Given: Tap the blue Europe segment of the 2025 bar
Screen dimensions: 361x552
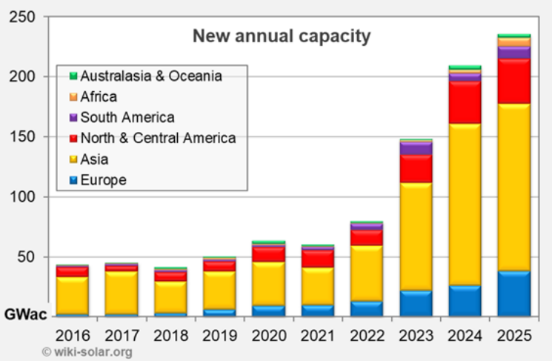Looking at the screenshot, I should tap(513, 293).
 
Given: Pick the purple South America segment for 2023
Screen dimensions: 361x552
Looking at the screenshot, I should tap(417, 148).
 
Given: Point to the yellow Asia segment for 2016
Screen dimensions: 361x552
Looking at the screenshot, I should tap(73, 294).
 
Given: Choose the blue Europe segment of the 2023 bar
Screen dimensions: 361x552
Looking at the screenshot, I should tap(417, 302).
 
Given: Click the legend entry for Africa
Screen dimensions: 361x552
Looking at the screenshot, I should tap(99, 96).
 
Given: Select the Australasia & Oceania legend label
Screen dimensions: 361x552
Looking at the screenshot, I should tap(151, 76).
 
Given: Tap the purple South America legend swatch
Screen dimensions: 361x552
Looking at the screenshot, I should tap(73, 117).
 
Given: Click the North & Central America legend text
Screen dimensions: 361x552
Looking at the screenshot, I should tap(158, 138).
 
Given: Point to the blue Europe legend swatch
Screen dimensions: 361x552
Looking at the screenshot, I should tap(73, 180).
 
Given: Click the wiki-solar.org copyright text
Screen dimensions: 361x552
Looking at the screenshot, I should tap(87, 351).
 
